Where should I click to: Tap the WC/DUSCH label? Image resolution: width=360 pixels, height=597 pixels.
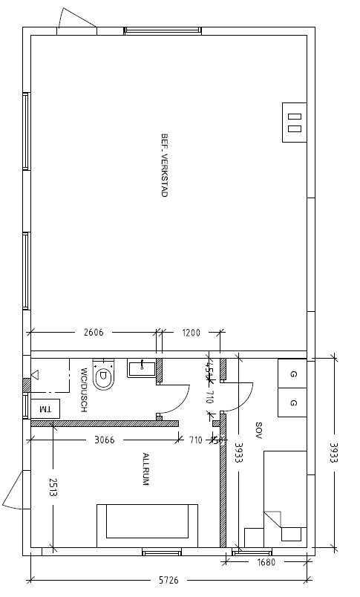pyautogui.click(x=85, y=379)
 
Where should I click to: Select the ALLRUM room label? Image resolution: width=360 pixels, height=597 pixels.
pyautogui.click(x=146, y=469)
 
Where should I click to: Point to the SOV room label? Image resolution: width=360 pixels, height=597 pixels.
pyautogui.click(x=259, y=430)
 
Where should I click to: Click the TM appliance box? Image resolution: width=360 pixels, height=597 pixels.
pyautogui.click(x=45, y=408)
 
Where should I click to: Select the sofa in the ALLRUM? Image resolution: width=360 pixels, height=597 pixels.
pyautogui.click(x=148, y=522)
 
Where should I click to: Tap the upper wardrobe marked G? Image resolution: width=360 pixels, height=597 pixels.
pyautogui.click(x=293, y=374)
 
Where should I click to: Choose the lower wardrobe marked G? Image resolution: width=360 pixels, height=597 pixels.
pyautogui.click(x=293, y=402)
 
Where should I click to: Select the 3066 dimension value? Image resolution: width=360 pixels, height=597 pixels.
pyautogui.click(x=104, y=440)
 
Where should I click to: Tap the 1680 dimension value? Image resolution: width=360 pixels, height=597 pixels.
pyautogui.click(x=266, y=562)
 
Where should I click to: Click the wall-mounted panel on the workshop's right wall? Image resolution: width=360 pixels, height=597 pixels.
pyautogui.click(x=295, y=121)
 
